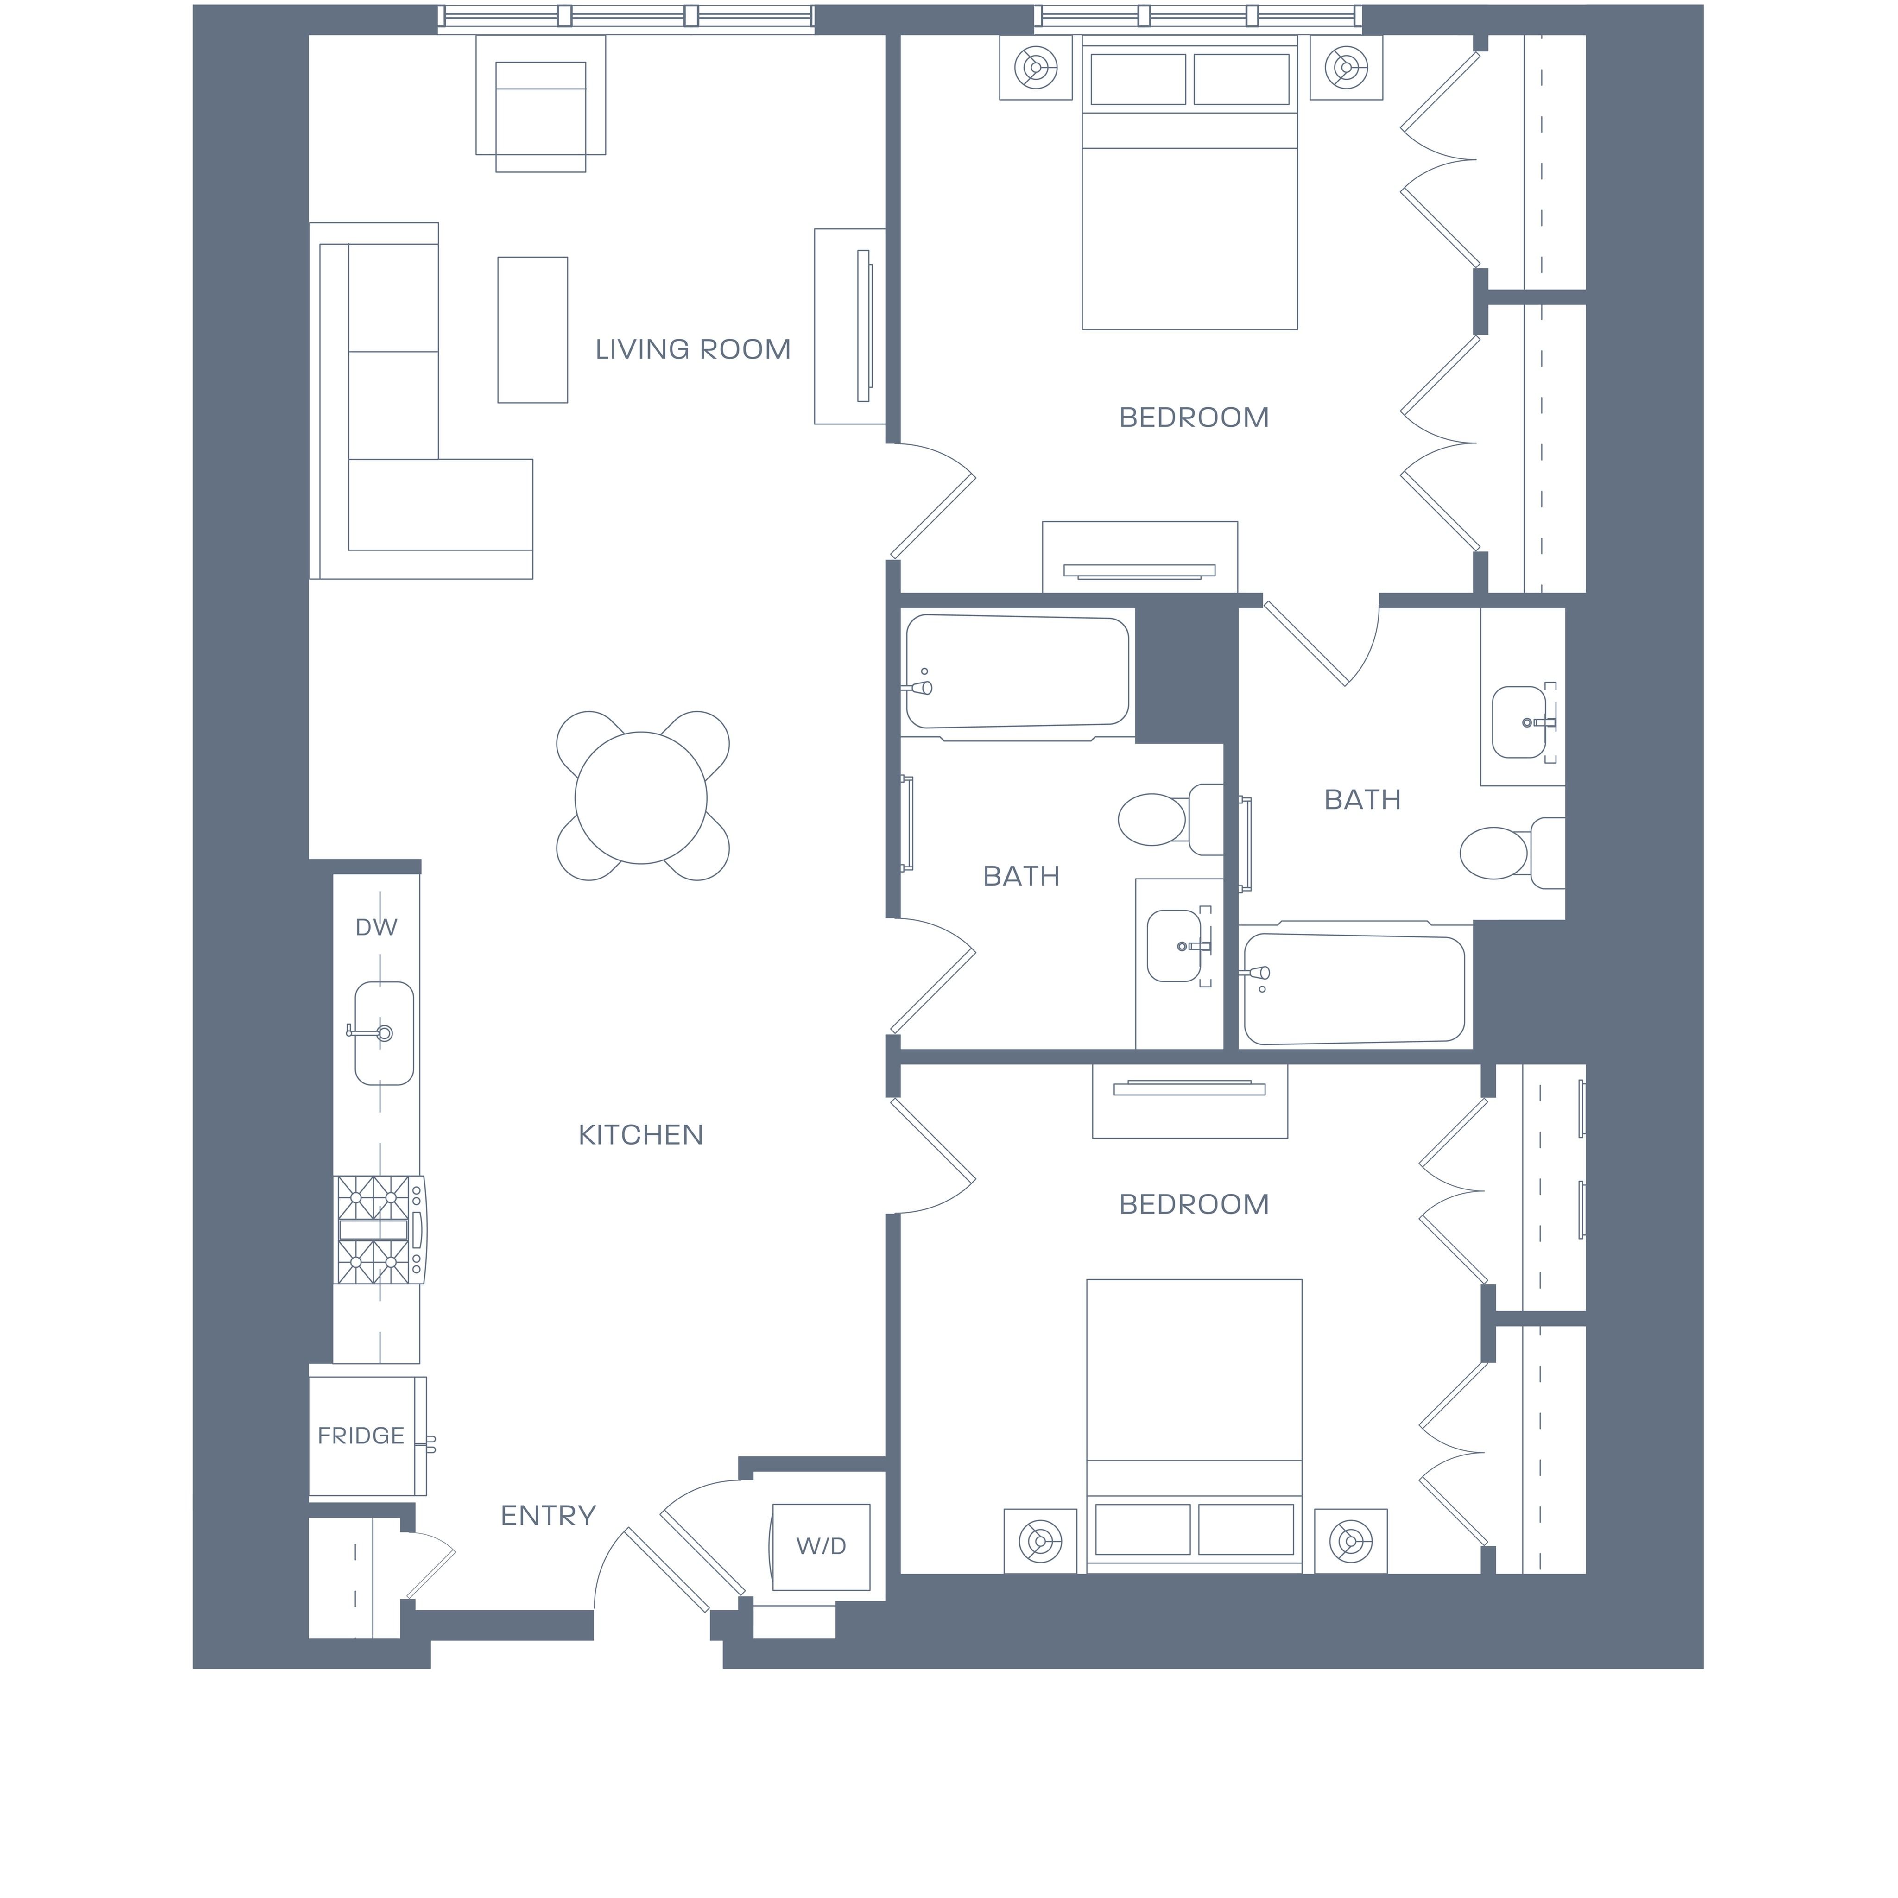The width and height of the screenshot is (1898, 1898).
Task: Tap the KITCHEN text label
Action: (640, 1136)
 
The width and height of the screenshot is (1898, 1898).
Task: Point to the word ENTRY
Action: (548, 1516)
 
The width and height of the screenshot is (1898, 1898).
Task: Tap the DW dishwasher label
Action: (376, 927)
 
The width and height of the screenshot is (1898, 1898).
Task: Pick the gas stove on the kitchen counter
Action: (381, 1230)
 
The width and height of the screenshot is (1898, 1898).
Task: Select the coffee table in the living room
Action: (532, 330)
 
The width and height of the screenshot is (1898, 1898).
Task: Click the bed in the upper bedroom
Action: (1189, 183)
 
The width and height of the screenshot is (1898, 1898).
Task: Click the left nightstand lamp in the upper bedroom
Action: (1036, 68)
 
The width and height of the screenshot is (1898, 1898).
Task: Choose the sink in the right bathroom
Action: (1520, 722)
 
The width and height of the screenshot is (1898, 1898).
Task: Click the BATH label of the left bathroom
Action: (1022, 876)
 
